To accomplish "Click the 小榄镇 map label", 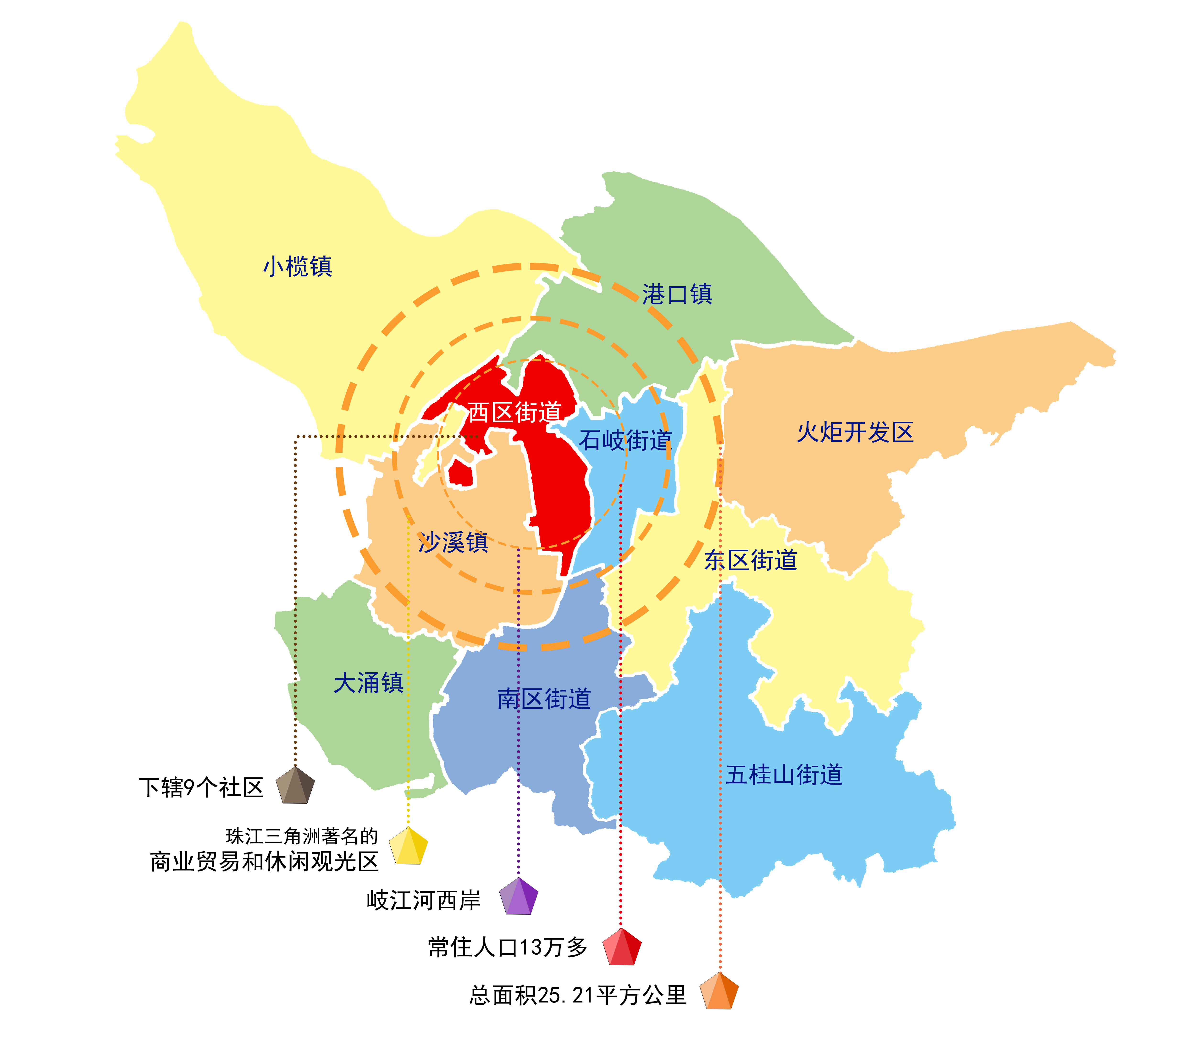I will [298, 267].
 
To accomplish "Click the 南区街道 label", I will [544, 699].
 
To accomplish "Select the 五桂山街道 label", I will [784, 774].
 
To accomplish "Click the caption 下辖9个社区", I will [201, 788].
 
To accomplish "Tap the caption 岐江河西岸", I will [424, 900].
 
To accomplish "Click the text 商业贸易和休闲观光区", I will [264, 862].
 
